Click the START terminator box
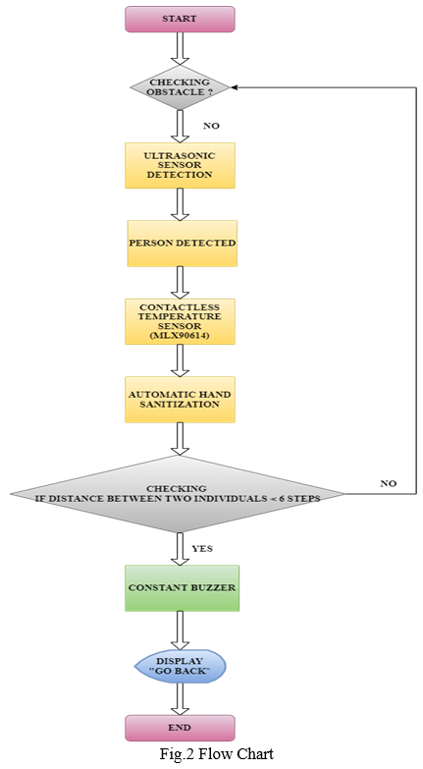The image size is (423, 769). point(180,19)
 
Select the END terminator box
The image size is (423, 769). point(180,728)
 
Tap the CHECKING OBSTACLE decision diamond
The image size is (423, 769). point(180,87)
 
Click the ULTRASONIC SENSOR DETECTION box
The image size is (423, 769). point(180,165)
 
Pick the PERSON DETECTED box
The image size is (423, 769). point(183,244)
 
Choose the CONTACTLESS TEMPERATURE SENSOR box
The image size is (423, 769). point(180,321)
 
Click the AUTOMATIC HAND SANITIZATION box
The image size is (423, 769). point(180,399)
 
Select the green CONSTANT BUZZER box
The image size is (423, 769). point(183,588)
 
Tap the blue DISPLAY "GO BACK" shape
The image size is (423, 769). point(180,667)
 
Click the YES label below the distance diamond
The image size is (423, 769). point(202,548)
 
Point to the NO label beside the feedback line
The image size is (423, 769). point(389,483)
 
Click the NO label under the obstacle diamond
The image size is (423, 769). point(211,126)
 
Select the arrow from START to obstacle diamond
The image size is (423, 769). point(180,48)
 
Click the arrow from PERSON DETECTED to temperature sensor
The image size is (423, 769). point(180,283)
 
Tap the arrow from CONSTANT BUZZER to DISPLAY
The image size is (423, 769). point(180,632)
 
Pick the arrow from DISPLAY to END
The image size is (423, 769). point(180,699)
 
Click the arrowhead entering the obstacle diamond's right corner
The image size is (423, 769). point(234,87)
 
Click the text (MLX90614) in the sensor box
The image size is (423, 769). point(180,336)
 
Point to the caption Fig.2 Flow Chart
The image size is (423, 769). point(216,753)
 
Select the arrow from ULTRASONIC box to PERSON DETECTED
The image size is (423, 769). point(180,204)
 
